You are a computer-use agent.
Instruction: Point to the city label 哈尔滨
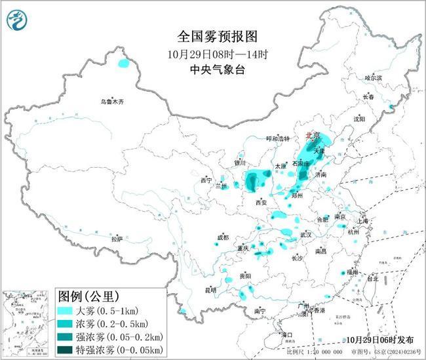[373, 77]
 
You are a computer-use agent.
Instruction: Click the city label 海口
[287, 334]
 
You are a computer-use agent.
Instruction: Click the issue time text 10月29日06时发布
[378, 340]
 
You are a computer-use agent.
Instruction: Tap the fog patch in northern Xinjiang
[123, 64]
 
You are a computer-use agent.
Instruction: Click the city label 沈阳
[358, 119]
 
